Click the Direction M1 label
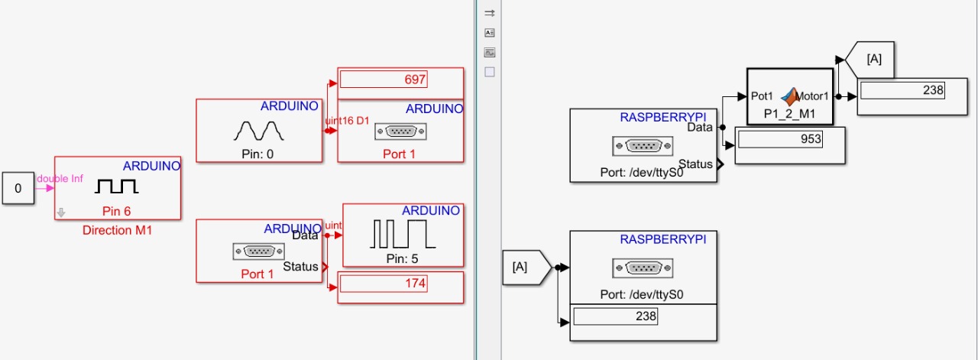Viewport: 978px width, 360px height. point(117,230)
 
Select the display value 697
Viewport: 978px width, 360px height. point(383,79)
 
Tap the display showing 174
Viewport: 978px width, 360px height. point(383,284)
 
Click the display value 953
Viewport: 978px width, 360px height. point(780,140)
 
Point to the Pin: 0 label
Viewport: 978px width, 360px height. point(258,154)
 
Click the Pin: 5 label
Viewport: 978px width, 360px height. point(403,258)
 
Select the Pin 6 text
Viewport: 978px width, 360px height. point(117,210)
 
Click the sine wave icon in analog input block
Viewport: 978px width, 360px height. point(258,130)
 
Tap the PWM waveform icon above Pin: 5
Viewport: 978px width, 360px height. point(403,234)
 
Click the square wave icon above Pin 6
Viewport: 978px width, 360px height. point(116,186)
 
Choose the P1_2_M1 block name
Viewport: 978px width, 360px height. point(790,113)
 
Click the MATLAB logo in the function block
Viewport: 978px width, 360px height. point(790,95)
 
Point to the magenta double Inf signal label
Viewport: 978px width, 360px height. point(60,179)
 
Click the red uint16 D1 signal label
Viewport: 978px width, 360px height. point(347,121)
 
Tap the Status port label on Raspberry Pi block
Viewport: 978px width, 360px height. point(695,164)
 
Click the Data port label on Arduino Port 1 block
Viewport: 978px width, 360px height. point(304,235)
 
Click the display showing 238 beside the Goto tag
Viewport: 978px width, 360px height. point(902,90)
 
